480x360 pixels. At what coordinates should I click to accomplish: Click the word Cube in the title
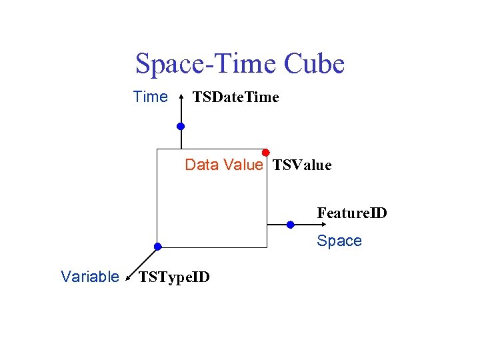(314, 64)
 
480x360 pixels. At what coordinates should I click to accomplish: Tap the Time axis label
(151, 97)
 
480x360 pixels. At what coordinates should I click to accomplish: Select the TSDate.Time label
(235, 98)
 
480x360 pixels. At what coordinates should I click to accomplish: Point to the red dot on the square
(265, 153)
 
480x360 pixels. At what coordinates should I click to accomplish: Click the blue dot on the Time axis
(181, 126)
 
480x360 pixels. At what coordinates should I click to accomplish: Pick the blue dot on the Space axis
(290, 225)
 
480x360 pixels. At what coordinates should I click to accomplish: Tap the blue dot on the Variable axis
(157, 246)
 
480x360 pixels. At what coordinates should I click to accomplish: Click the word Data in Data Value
(202, 165)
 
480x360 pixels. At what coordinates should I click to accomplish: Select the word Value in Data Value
(243, 165)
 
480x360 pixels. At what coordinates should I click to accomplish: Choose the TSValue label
(302, 165)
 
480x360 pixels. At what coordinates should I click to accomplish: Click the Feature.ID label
(351, 213)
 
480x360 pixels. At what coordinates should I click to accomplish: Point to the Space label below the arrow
(339, 241)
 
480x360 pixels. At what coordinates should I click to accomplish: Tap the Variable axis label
(89, 277)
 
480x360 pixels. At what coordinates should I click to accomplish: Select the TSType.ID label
(173, 277)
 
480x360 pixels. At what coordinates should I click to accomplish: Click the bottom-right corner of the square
(267, 247)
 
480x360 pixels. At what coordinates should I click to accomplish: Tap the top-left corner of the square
(157, 149)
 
